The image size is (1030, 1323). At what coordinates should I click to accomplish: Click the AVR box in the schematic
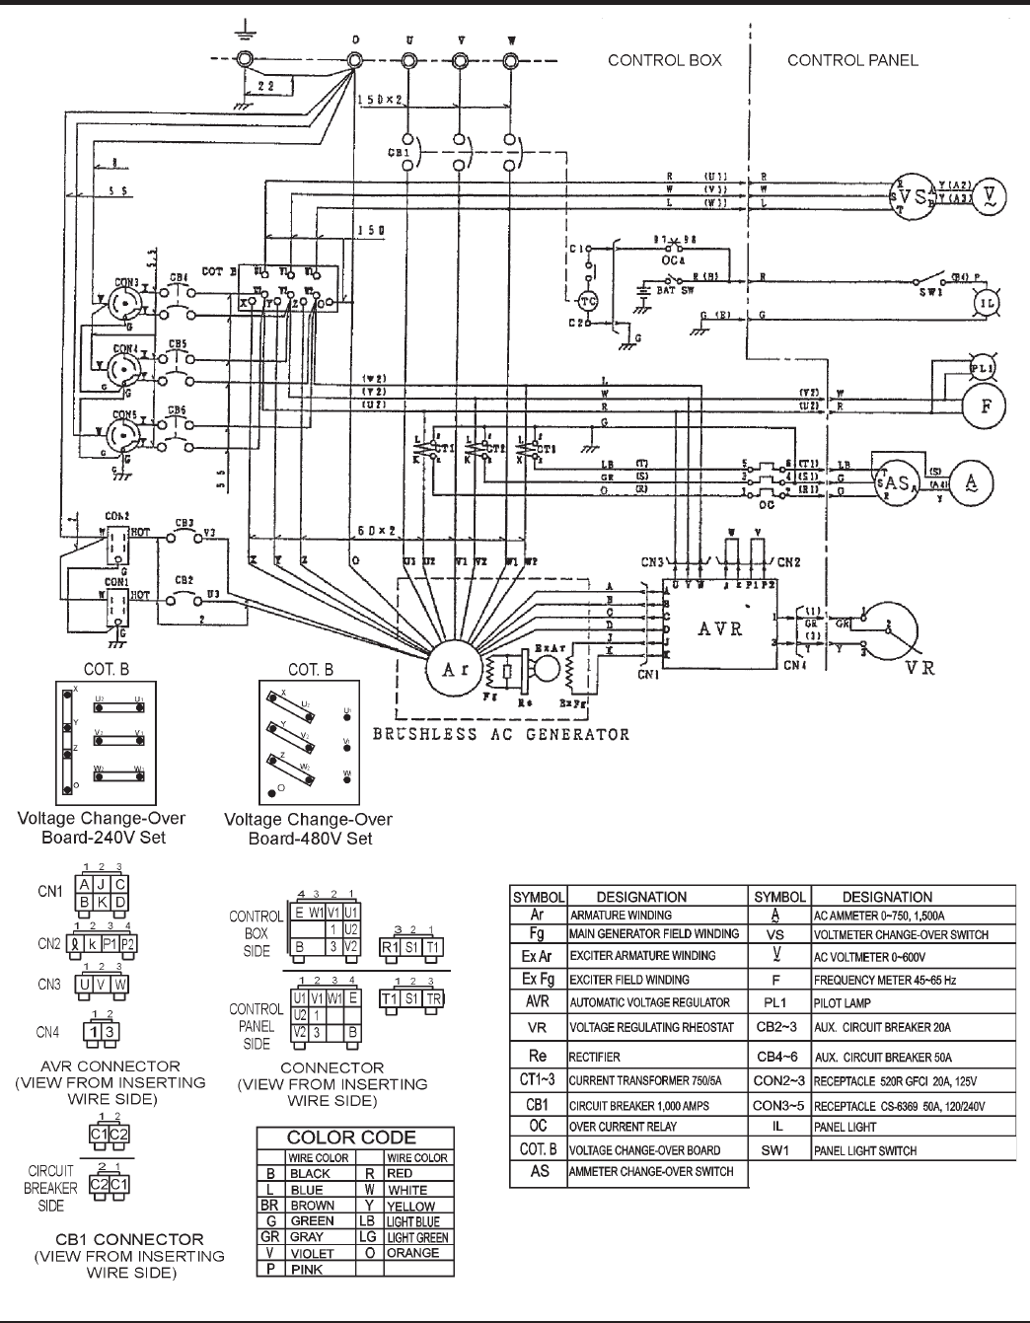click(x=720, y=627)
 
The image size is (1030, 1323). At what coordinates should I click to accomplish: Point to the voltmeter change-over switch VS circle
click(x=912, y=191)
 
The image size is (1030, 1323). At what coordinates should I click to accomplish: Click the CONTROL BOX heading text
click(x=664, y=60)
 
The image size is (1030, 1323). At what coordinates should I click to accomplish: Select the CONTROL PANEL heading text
click(x=852, y=60)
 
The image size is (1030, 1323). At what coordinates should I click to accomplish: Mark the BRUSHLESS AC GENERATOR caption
click(x=500, y=734)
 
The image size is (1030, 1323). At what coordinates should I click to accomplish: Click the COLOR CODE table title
click(x=351, y=1138)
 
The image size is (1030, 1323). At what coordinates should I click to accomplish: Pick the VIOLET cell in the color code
click(x=312, y=1253)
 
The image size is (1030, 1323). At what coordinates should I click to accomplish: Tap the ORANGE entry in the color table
click(x=413, y=1253)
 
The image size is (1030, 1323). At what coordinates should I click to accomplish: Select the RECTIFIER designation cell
click(x=595, y=1056)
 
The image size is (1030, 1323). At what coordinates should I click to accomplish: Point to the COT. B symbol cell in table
click(x=538, y=1149)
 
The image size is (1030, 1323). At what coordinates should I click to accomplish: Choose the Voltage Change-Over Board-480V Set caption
click(x=308, y=829)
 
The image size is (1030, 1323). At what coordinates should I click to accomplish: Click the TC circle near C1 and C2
click(x=589, y=300)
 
